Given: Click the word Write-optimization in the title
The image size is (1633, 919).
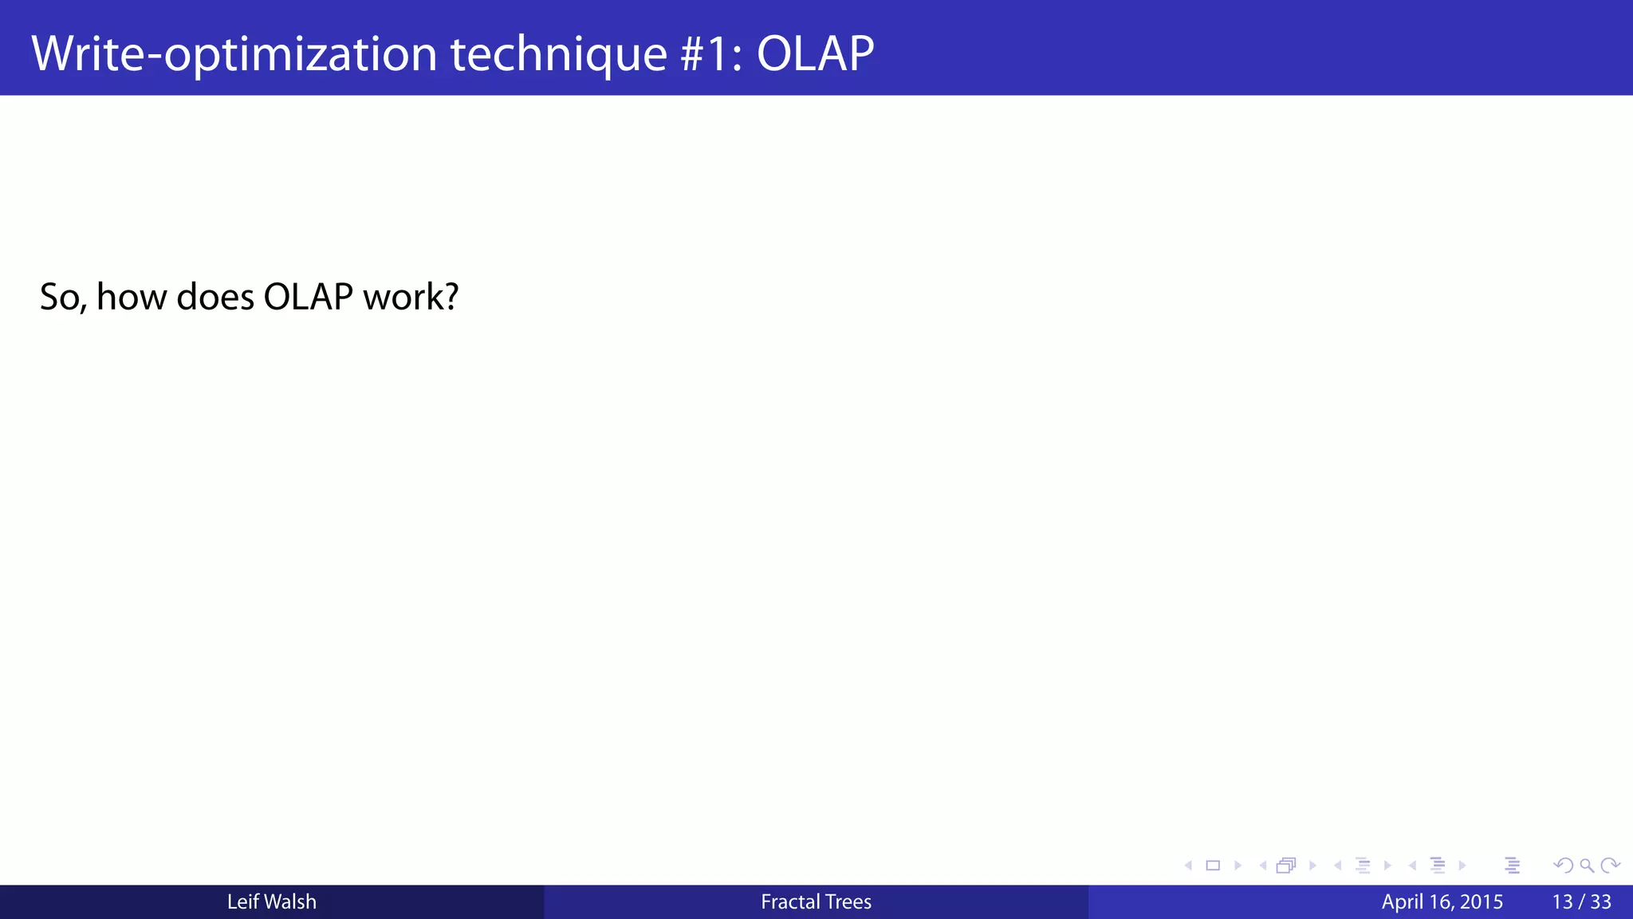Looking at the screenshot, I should click(234, 54).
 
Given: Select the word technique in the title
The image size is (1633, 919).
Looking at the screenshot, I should click(558, 54).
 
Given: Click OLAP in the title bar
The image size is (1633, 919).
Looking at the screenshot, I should click(815, 54).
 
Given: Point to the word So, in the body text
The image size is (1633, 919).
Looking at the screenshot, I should click(63, 298).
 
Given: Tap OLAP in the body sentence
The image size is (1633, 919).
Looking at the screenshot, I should click(308, 298).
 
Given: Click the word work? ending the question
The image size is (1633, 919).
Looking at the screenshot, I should click(411, 298).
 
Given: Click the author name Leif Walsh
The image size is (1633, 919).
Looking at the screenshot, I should click(271, 902).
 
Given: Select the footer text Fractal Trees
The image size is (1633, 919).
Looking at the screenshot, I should click(816, 902).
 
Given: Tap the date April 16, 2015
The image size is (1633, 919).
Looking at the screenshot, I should click(1442, 902).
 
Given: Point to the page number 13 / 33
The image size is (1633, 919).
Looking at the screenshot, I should click(1581, 902).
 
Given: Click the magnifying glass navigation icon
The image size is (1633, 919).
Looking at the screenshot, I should click(1587, 866).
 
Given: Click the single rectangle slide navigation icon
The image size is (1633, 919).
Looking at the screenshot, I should click(1213, 866).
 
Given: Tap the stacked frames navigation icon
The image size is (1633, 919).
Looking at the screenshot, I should click(1286, 866).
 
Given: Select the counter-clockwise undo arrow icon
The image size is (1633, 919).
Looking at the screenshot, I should click(1563, 866).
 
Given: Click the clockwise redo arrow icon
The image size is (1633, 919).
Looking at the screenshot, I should click(1610, 866).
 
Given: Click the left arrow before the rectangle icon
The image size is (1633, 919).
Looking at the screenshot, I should click(1188, 866).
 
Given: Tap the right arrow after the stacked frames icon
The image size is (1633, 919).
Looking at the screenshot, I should click(1312, 866).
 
